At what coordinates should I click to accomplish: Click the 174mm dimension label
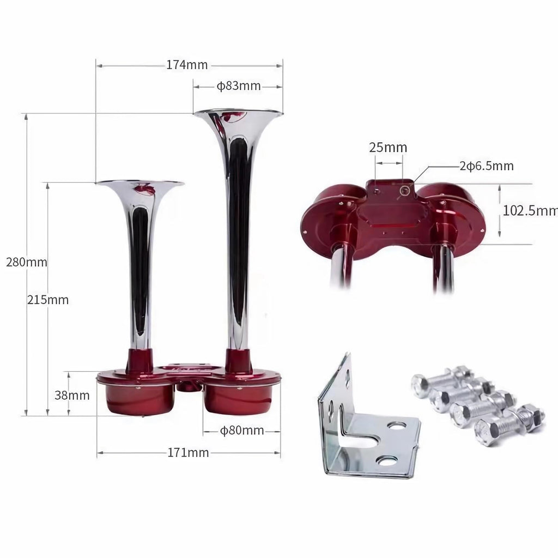coord(187,65)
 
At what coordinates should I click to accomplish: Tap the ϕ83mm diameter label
coord(239,86)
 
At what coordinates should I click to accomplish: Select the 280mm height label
coord(27,262)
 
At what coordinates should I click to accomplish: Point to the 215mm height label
coord(48,300)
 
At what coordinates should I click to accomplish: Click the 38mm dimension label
coord(72,395)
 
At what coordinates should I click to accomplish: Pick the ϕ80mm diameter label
coord(242,430)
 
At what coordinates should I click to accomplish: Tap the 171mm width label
coord(188,453)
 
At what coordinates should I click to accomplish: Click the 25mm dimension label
coord(388,147)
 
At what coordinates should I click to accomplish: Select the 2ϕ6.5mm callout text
coord(487,166)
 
